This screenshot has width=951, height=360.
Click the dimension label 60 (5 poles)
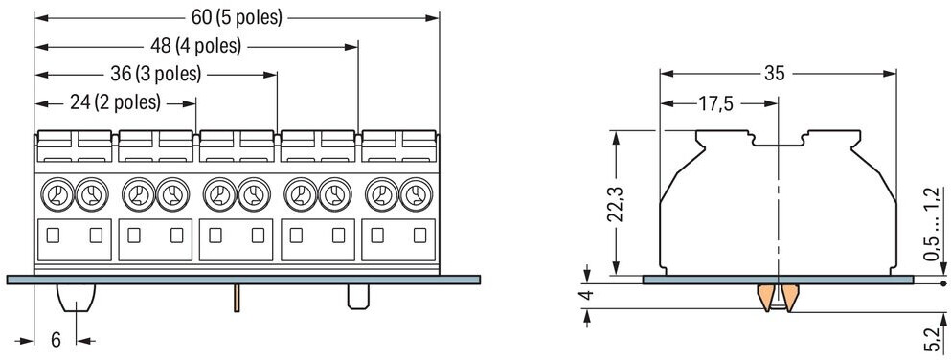[238, 17]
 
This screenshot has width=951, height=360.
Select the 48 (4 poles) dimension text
[196, 45]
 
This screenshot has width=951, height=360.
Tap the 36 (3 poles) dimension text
[156, 74]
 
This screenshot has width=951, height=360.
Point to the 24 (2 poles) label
[115, 102]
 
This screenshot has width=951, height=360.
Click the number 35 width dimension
[775, 74]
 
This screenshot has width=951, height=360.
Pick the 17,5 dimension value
[715, 104]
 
